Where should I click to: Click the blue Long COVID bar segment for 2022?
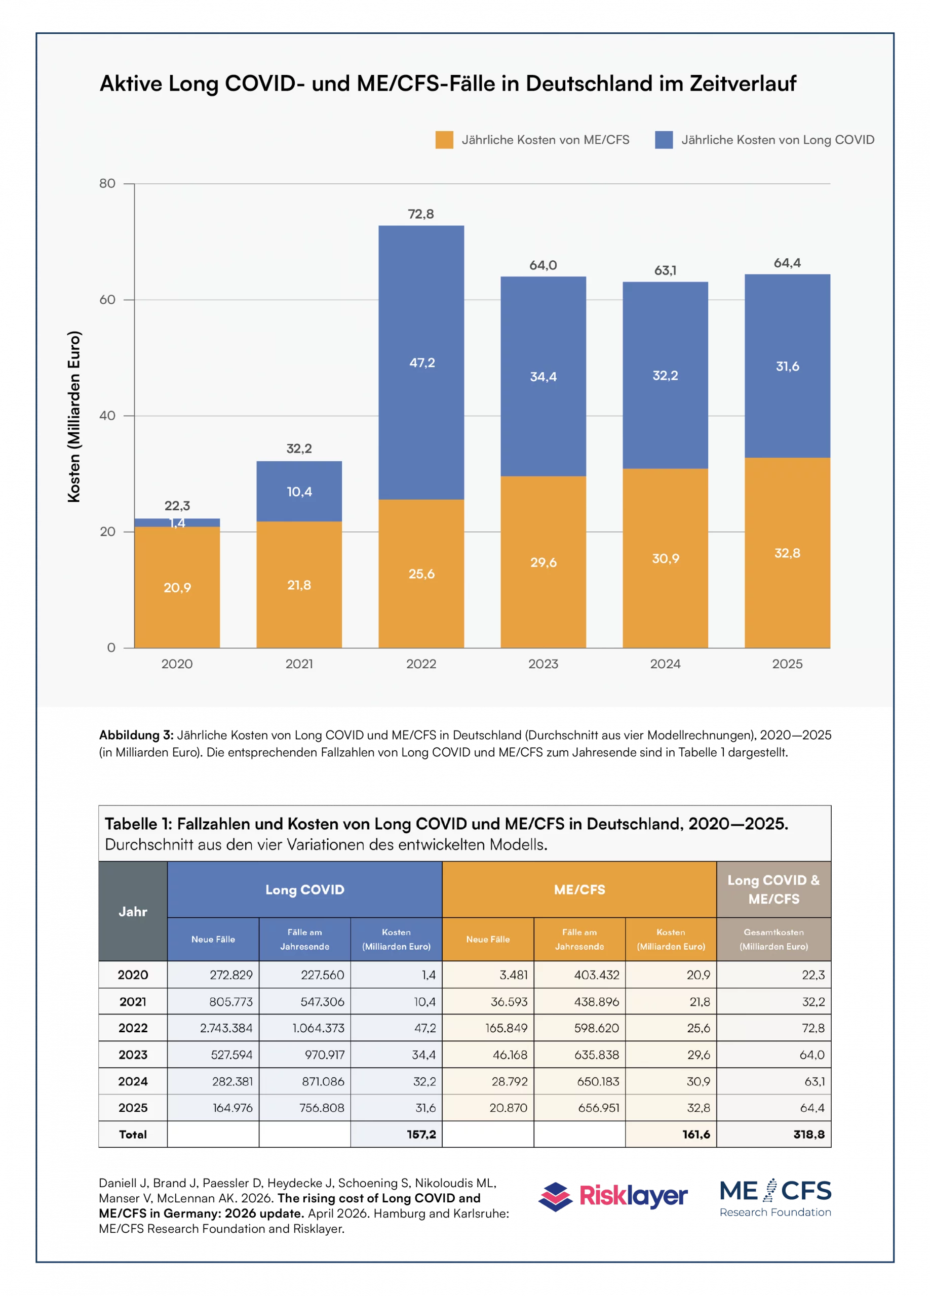[x=421, y=362]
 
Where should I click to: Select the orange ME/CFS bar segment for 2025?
[x=787, y=552]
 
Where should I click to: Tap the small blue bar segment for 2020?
[x=177, y=522]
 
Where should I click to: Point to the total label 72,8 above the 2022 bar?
[x=421, y=214]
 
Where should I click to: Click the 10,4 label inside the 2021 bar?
[x=299, y=492]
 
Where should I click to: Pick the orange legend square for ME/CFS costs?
[x=444, y=140]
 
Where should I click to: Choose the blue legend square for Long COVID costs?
[x=664, y=140]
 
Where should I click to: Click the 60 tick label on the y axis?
[x=107, y=299]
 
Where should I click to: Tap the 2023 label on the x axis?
[x=543, y=664]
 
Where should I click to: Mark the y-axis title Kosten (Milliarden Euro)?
[x=74, y=417]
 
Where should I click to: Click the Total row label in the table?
[x=133, y=1135]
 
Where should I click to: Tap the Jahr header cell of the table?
[x=133, y=911]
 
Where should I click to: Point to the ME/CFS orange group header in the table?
[x=579, y=889]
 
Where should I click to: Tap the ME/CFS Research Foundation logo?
[x=775, y=1198]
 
